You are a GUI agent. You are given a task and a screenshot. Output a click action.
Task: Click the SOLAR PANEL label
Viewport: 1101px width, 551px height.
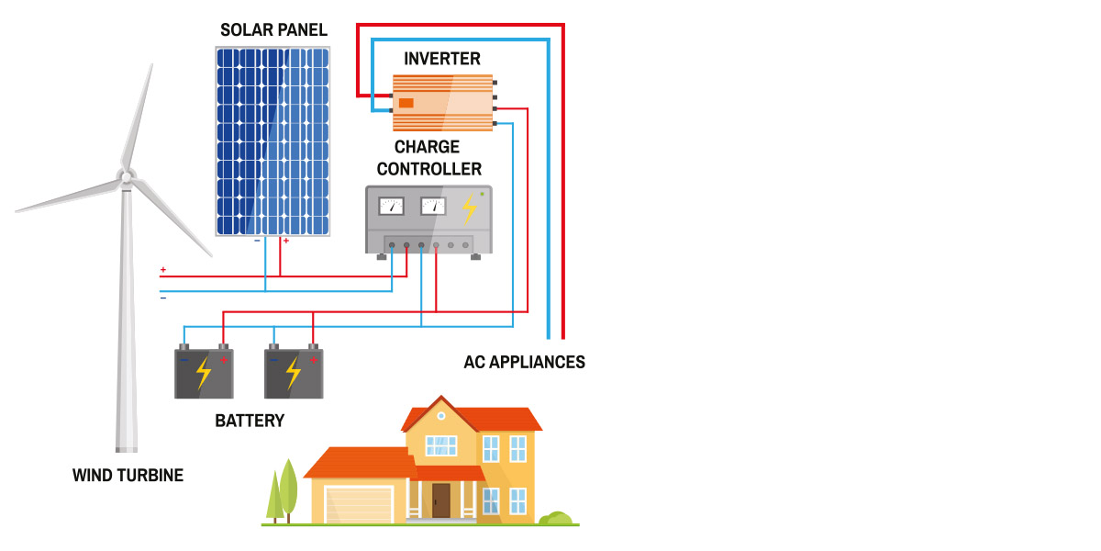click(273, 30)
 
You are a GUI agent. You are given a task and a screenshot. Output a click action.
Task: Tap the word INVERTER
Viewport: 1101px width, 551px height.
click(442, 59)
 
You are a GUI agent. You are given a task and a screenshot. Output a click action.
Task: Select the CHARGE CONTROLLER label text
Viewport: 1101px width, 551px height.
click(428, 158)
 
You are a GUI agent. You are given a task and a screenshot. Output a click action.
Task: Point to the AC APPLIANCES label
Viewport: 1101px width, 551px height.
click(524, 362)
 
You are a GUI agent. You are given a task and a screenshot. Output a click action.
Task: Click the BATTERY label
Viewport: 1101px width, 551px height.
click(250, 422)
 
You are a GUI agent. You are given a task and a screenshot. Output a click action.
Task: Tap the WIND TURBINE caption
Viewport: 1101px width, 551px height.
click(128, 476)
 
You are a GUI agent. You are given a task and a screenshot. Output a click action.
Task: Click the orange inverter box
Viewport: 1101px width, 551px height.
click(443, 103)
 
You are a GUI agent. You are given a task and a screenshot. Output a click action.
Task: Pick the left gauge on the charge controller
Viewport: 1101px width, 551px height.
click(392, 206)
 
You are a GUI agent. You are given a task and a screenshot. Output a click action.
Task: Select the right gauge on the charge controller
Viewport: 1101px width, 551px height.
click(432, 206)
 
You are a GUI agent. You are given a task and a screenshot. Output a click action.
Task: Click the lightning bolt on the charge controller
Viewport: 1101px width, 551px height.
click(469, 208)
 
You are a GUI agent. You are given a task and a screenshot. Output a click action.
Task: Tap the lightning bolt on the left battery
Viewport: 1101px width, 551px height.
click(204, 374)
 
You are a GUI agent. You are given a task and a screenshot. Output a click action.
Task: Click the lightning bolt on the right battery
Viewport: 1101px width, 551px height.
click(293, 374)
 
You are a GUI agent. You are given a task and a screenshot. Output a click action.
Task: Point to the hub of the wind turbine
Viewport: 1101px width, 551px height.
click(127, 174)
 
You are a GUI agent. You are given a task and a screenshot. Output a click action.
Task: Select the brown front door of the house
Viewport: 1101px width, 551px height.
click(441, 500)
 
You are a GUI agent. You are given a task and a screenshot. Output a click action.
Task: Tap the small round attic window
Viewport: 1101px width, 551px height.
click(440, 416)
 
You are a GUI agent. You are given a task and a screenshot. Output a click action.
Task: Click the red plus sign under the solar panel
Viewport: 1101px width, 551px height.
click(285, 241)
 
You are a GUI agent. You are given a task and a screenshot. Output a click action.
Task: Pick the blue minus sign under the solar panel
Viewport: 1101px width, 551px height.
click(257, 241)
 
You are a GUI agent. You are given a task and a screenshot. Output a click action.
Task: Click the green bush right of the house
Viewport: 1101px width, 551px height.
click(556, 519)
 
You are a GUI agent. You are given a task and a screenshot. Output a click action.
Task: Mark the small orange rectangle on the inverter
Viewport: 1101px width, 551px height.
click(406, 103)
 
